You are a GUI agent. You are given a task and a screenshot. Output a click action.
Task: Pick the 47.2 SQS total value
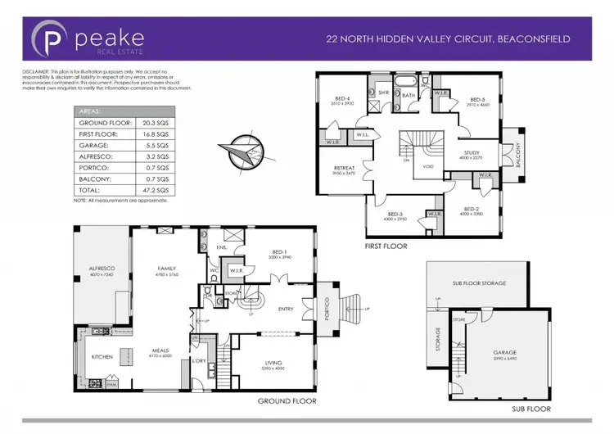tap(157, 189)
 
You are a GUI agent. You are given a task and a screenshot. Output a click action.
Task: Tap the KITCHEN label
tap(101, 357)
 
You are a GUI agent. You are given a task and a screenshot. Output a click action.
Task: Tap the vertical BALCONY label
tap(517, 151)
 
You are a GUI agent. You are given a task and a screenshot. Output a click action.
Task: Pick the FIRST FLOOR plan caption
tap(386, 245)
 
